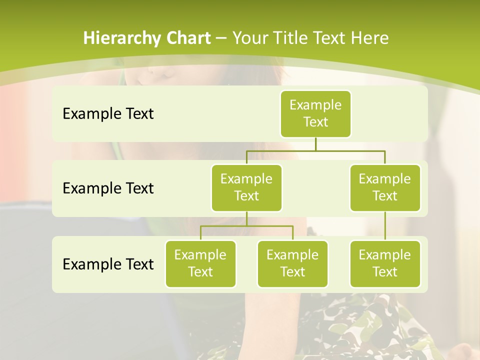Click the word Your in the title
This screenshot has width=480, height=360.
(248, 38)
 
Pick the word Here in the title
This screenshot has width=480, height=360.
(369, 38)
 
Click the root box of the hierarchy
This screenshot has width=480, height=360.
(315, 114)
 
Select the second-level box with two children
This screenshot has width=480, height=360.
(246, 188)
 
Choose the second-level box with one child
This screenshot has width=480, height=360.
(385, 188)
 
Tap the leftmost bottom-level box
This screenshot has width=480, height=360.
(200, 264)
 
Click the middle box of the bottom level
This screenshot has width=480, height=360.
(292, 264)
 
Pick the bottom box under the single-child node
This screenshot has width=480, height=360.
(385, 264)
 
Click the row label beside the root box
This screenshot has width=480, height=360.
(108, 114)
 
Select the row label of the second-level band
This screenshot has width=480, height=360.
(108, 188)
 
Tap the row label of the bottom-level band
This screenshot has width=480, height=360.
(108, 264)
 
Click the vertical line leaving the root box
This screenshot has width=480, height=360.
(315, 144)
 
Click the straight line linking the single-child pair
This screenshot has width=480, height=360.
(385, 226)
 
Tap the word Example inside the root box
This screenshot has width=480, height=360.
(315, 105)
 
